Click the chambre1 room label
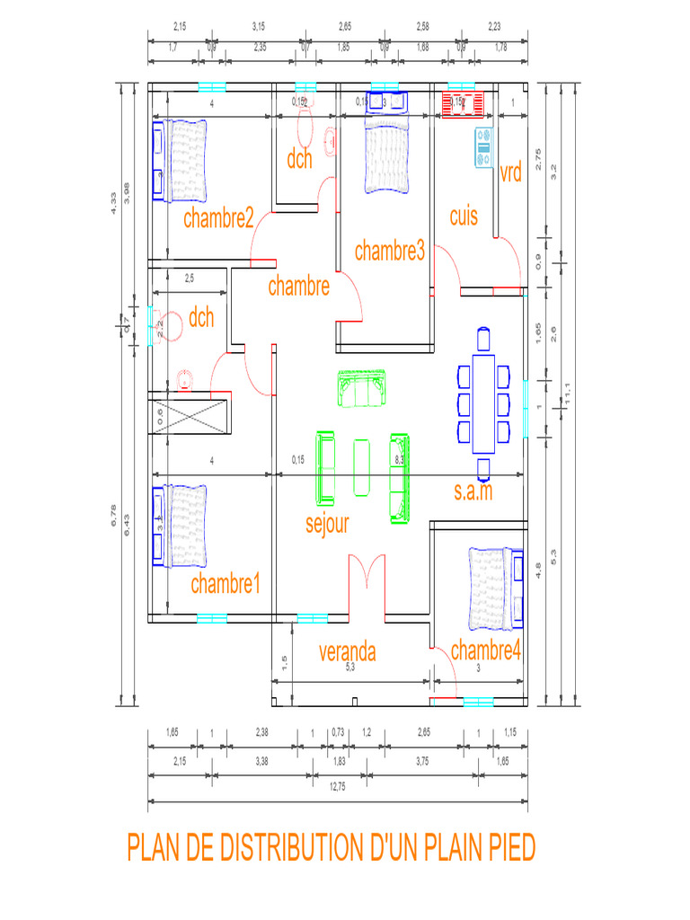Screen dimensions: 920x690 point(225,585)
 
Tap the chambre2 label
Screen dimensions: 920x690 point(218,218)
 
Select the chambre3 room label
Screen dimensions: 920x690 point(389,252)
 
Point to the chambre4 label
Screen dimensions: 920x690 point(485,650)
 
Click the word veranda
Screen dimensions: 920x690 point(347,652)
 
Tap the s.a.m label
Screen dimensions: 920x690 point(473,491)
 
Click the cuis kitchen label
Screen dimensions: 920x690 point(464,217)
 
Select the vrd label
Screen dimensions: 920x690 point(510,173)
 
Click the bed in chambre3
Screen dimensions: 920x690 point(386,157)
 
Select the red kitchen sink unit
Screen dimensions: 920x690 point(464,104)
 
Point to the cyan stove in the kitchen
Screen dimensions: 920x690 point(483,147)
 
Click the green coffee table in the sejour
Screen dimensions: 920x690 point(362,467)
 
